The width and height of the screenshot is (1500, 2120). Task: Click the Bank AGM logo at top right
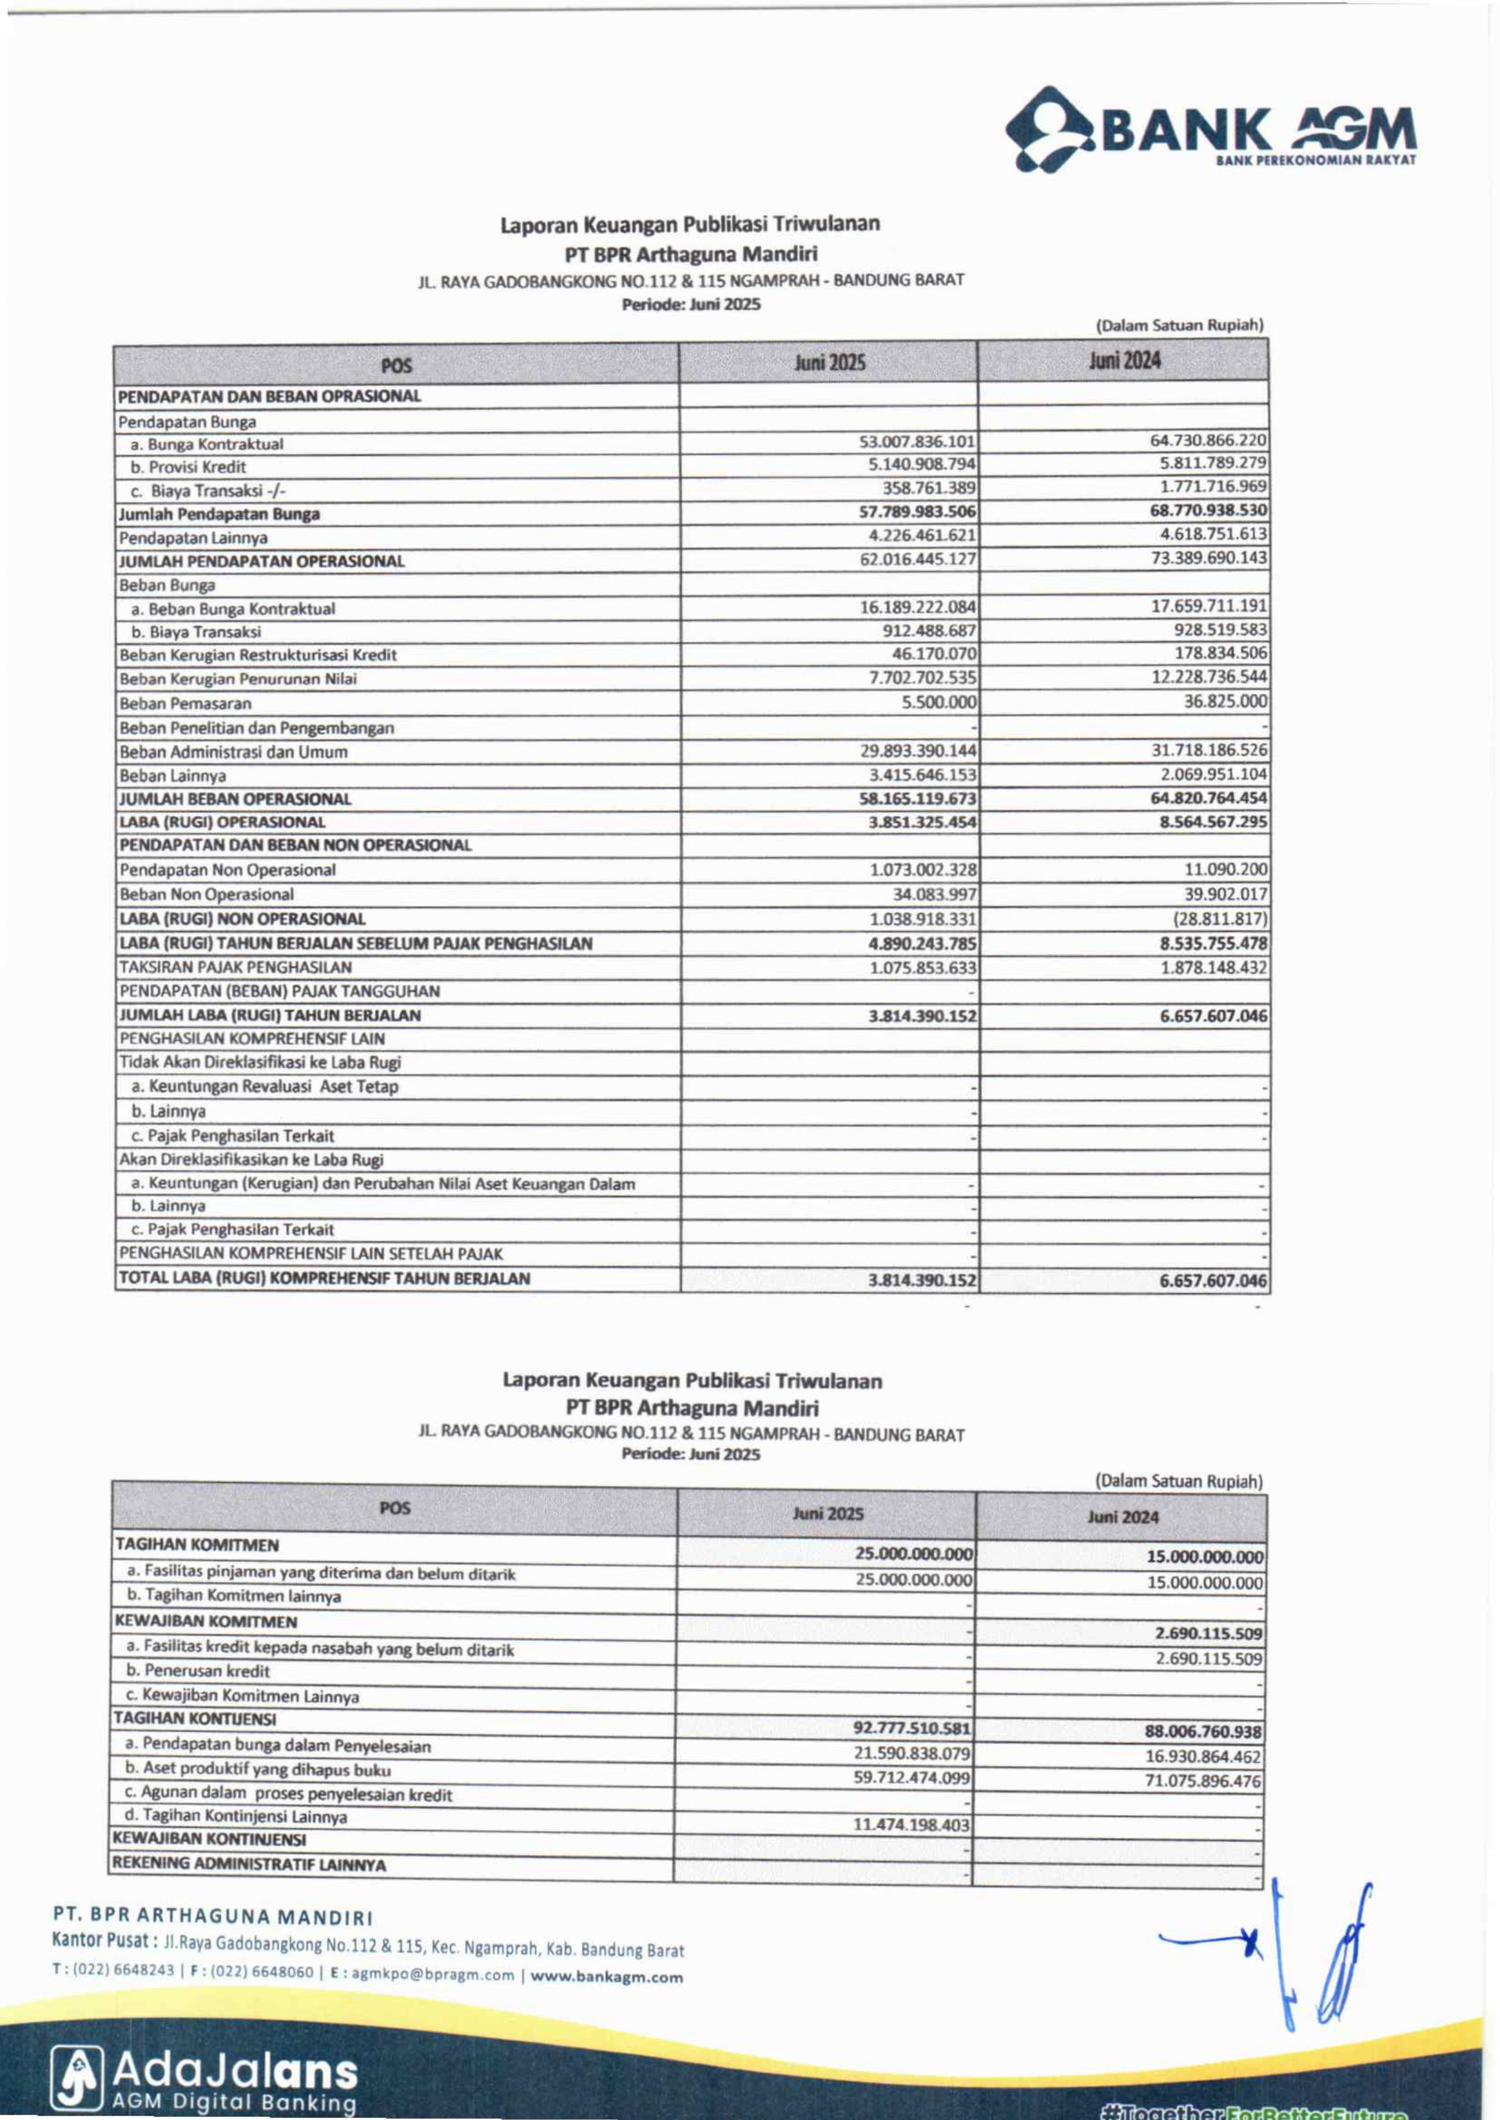click(x=1210, y=129)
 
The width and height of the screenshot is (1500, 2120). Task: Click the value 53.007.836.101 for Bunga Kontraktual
click(x=916, y=442)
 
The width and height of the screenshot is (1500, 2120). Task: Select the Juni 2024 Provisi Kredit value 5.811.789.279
click(x=1213, y=463)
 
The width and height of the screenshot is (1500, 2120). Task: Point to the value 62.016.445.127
click(x=917, y=559)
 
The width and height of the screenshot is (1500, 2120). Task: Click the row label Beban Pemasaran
click(x=184, y=703)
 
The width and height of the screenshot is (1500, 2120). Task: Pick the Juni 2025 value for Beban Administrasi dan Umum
click(x=917, y=751)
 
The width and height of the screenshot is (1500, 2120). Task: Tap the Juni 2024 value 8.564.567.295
click(x=1213, y=822)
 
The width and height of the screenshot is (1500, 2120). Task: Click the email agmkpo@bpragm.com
click(x=433, y=1975)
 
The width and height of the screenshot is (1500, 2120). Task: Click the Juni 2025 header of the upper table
click(x=829, y=362)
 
